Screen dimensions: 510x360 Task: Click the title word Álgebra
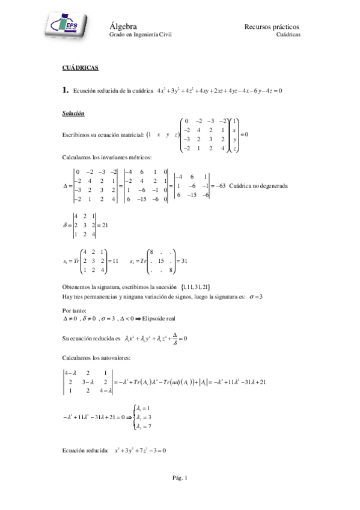(124, 26)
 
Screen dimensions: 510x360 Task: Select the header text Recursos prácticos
(272, 26)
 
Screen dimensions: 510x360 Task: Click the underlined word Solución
(73, 114)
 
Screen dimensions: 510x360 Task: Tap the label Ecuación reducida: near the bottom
(85, 450)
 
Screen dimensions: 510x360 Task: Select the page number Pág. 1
(180, 478)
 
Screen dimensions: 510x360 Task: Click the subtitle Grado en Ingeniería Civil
(140, 35)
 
